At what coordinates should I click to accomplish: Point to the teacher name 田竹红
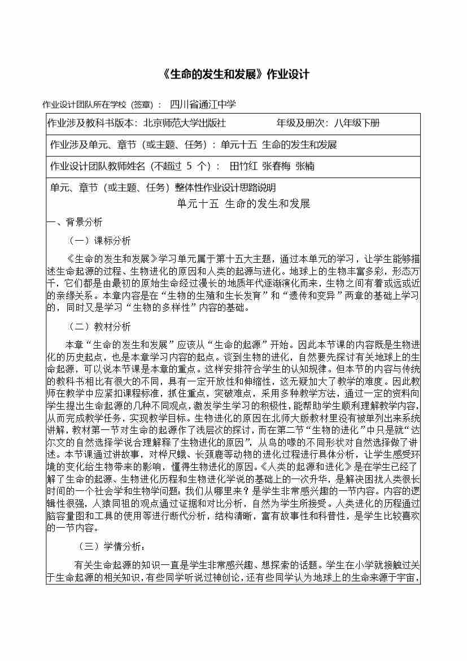pos(243,166)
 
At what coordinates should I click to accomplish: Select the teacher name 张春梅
pos(278,166)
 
